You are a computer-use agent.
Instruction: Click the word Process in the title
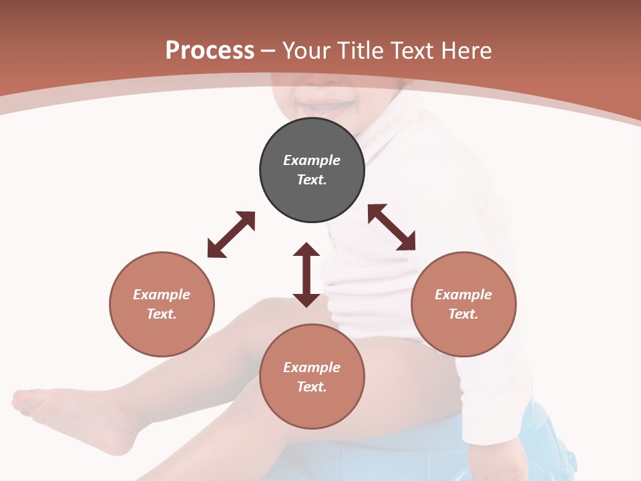210,51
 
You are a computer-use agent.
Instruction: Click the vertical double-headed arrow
306,275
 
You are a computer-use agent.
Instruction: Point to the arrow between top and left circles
231,234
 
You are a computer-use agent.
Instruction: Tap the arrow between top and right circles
392,227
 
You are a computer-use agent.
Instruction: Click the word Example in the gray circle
312,160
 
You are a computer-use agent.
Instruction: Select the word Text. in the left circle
162,314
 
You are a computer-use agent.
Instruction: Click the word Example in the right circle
463,295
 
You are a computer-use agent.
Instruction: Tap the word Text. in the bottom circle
312,387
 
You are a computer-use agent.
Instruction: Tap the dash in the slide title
268,51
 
